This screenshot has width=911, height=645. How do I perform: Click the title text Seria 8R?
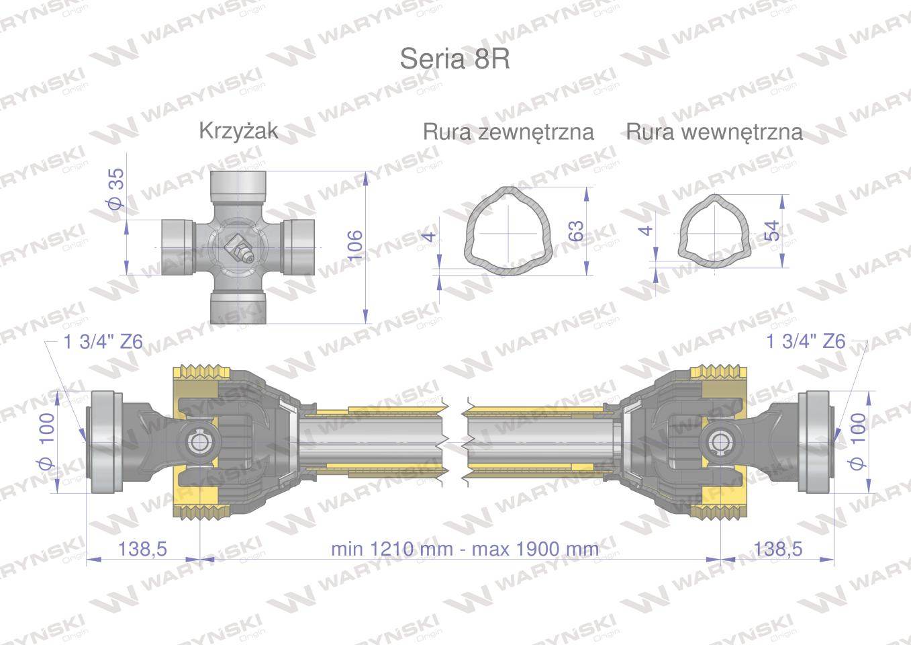coord(454,59)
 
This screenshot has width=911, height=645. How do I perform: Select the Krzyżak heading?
coord(238,130)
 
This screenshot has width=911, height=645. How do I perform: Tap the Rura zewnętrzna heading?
coord(508,132)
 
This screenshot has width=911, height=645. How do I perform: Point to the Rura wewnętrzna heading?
coord(714,132)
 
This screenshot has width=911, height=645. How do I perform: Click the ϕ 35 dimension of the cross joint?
coord(116,189)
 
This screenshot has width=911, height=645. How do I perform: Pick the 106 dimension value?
coord(354,245)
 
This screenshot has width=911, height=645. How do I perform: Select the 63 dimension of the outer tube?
coord(575,232)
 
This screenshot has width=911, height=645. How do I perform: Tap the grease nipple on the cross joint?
coord(239,249)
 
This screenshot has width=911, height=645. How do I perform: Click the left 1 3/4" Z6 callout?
coord(103,341)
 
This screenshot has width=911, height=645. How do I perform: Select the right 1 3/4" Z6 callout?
coord(806,341)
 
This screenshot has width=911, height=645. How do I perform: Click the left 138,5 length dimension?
coord(142,549)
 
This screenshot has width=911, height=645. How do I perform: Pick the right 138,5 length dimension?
coord(777,549)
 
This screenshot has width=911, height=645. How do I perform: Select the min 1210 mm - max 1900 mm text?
coord(465,549)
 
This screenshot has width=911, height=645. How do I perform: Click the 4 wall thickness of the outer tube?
coord(430,234)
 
